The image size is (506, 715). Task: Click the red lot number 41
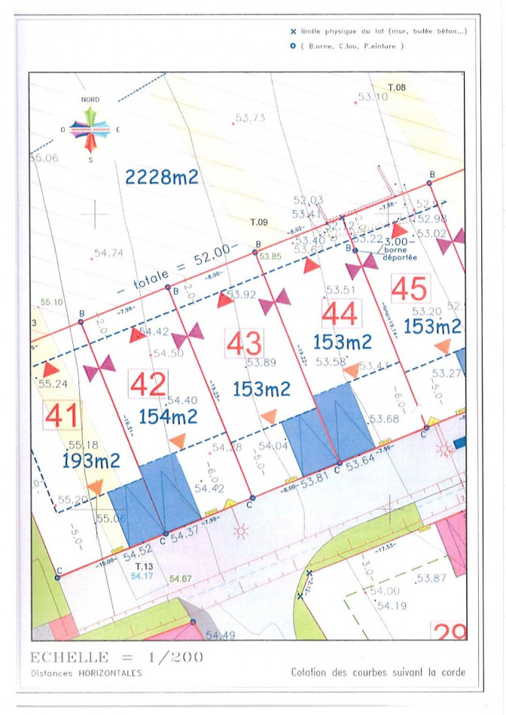(x=61, y=415)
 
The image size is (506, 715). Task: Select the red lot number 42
(x=148, y=385)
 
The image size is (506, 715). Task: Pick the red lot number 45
(x=410, y=288)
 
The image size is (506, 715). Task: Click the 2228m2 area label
(x=162, y=177)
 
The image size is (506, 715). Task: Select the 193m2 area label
(x=91, y=461)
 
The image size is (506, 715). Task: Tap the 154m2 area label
(x=168, y=416)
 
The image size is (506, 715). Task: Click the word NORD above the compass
(x=90, y=99)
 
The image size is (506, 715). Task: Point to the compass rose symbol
(x=90, y=129)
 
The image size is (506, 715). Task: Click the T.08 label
(x=397, y=88)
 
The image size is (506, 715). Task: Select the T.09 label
(x=259, y=222)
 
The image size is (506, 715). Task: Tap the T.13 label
(x=144, y=566)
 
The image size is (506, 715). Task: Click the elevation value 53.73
(x=251, y=118)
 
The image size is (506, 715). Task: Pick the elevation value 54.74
(x=108, y=254)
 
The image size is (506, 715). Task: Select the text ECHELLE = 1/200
(x=117, y=656)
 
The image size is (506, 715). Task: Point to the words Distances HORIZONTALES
(x=86, y=673)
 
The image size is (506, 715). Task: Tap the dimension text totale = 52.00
(x=183, y=267)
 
